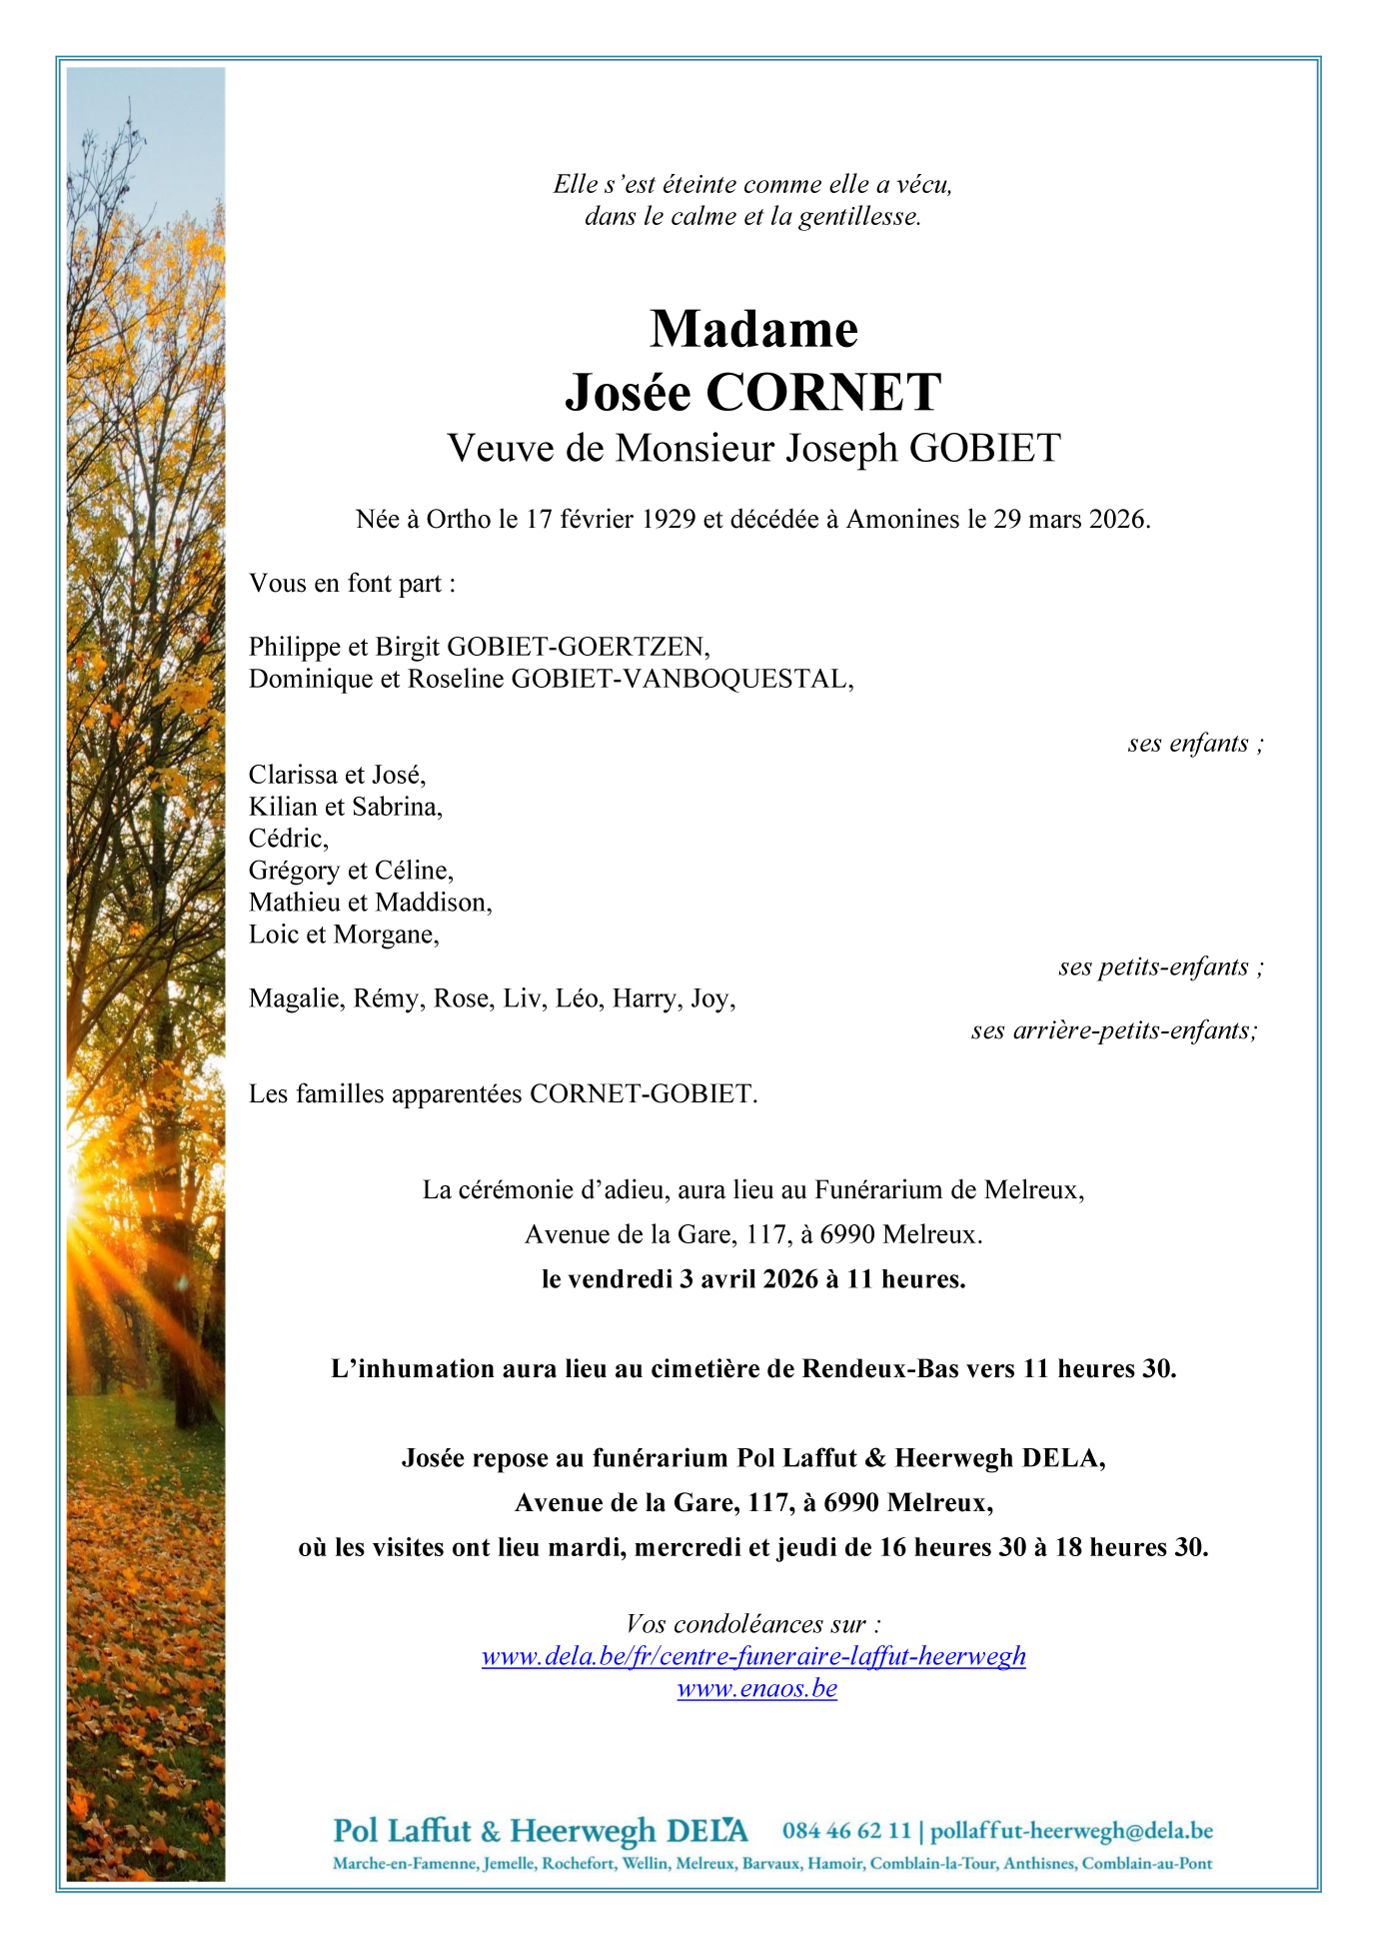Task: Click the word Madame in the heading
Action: pyautogui.click(x=753, y=329)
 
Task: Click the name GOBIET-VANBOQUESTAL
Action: pyautogui.click(x=682, y=679)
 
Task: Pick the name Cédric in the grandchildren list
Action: pyautogui.click(x=287, y=839)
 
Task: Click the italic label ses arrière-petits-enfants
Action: pyautogui.click(x=1113, y=1030)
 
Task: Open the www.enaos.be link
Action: pyautogui.click(x=756, y=1688)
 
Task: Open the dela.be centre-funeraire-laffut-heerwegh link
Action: pyautogui.click(x=753, y=1656)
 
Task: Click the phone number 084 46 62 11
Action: pyautogui.click(x=846, y=1831)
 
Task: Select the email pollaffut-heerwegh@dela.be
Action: pyautogui.click(x=1071, y=1831)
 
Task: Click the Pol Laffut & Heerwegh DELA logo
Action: pyautogui.click(x=540, y=1831)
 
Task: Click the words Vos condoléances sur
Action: pyautogui.click(x=753, y=1624)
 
